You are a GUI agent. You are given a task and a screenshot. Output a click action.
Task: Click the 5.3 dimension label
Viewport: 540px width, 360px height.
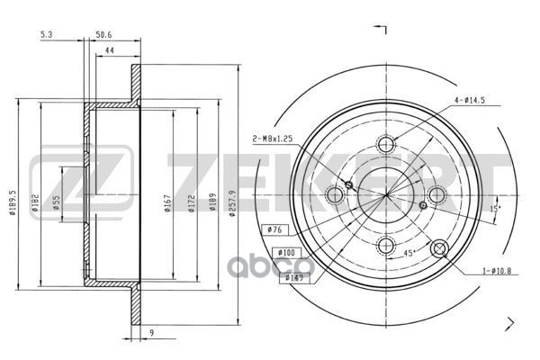point(46,34)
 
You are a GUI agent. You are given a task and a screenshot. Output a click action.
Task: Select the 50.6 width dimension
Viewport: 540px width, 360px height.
point(103,34)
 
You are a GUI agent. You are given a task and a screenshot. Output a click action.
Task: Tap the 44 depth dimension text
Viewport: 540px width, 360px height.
point(109,50)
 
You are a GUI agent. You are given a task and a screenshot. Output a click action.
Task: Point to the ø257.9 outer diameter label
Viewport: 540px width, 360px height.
point(233,202)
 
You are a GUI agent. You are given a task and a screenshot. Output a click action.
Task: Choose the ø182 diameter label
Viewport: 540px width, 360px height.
point(35,202)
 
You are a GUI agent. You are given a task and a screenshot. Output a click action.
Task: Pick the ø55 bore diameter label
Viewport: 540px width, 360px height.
point(57,202)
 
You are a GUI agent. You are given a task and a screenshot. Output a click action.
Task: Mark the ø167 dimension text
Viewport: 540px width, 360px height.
point(167,203)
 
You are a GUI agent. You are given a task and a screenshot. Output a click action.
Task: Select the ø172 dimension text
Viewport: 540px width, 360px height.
point(192,203)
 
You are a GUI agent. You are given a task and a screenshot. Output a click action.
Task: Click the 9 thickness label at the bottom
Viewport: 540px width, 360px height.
point(152,333)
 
